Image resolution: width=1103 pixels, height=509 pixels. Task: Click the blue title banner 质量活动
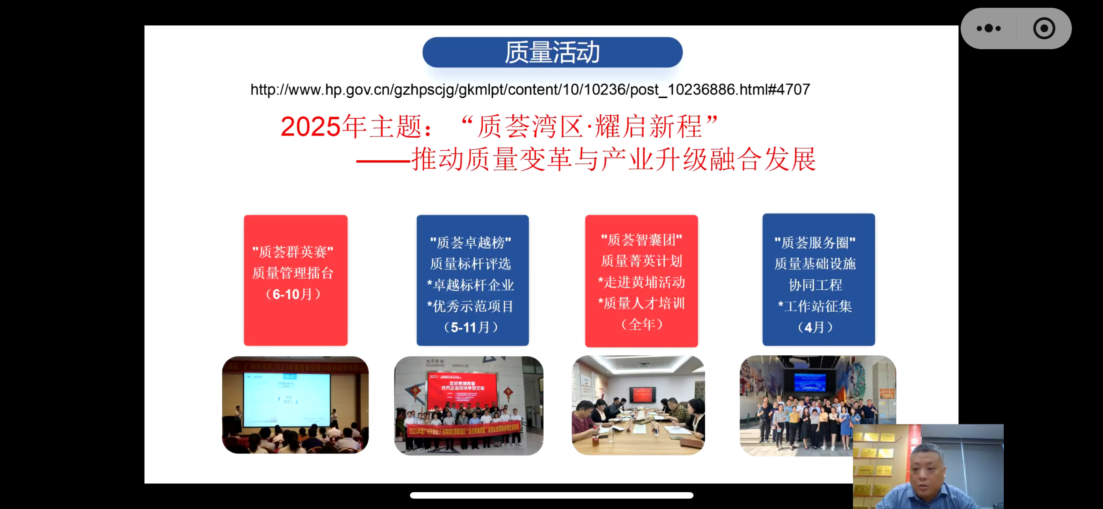click(552, 52)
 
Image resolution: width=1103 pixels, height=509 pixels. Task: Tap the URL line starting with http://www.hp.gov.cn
click(530, 90)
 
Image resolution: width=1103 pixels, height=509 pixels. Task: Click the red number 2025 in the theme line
click(310, 127)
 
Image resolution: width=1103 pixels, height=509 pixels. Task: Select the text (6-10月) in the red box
click(293, 294)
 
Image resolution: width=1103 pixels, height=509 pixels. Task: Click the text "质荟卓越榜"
click(471, 243)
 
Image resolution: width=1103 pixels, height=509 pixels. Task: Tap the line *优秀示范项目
click(470, 307)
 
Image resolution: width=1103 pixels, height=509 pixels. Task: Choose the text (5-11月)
click(471, 327)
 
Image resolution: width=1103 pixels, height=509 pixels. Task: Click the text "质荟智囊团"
click(642, 240)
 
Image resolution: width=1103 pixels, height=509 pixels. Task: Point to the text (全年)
click(642, 324)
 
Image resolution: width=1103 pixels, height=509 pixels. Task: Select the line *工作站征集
click(815, 307)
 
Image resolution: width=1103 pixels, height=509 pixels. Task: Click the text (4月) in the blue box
click(815, 327)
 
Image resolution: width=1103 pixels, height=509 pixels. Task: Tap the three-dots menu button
click(989, 28)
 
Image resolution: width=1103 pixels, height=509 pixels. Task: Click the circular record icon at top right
click(1044, 28)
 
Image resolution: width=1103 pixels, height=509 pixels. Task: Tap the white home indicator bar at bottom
click(551, 495)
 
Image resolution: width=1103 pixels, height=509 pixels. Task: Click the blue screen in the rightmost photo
click(810, 382)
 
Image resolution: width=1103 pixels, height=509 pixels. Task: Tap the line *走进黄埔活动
click(642, 282)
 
